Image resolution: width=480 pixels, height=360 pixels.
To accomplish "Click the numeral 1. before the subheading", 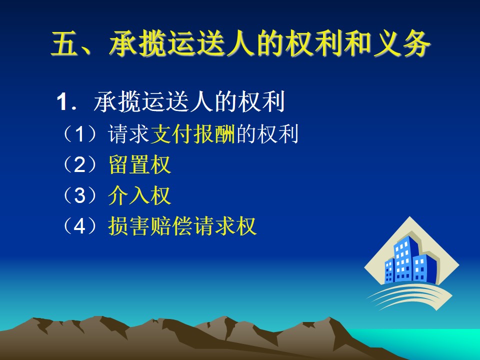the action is [x=66, y=101].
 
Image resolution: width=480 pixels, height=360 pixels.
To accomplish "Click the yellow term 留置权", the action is [x=139, y=164].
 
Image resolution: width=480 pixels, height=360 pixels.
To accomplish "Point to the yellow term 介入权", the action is [x=139, y=195].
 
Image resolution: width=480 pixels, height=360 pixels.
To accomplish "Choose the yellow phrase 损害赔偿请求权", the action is [x=182, y=226].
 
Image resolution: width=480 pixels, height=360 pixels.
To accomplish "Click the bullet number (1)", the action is [x=79, y=134].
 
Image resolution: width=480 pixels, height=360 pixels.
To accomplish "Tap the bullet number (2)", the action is [x=79, y=164].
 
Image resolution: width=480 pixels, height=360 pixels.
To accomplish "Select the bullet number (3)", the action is [x=79, y=195].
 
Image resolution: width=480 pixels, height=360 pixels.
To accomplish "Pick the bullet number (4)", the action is [x=79, y=226].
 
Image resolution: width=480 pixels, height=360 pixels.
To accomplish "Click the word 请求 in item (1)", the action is [x=129, y=134].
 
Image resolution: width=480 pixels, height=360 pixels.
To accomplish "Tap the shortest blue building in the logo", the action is [x=389, y=271].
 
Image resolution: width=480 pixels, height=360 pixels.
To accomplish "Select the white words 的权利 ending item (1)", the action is [x=267, y=134].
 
